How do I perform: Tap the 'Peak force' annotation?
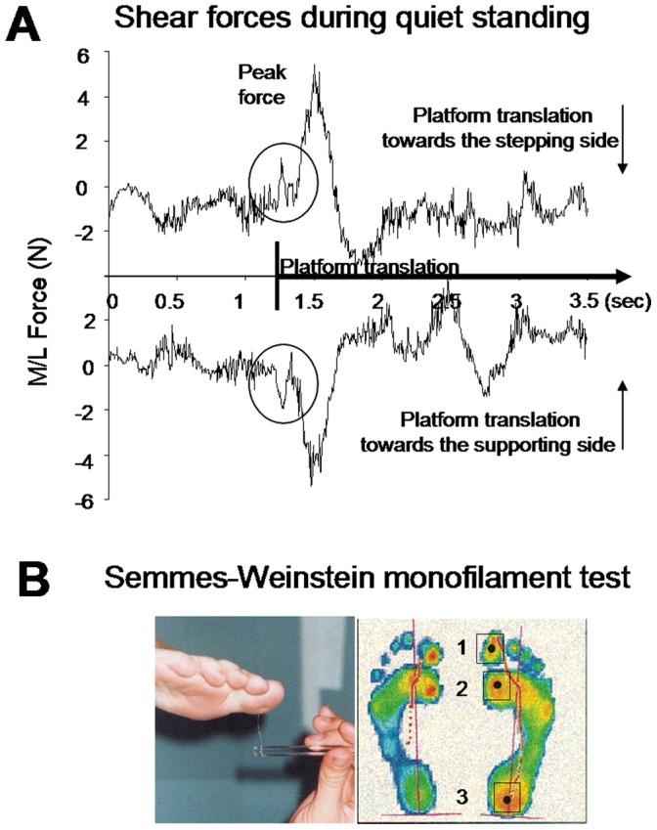(x=262, y=83)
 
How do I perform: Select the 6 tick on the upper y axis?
(x=85, y=56)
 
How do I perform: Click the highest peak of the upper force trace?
(x=315, y=66)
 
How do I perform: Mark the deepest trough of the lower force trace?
(x=312, y=484)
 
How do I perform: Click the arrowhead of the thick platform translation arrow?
(x=620, y=277)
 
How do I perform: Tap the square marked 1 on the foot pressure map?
(x=490, y=647)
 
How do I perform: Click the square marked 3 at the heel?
(x=506, y=797)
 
